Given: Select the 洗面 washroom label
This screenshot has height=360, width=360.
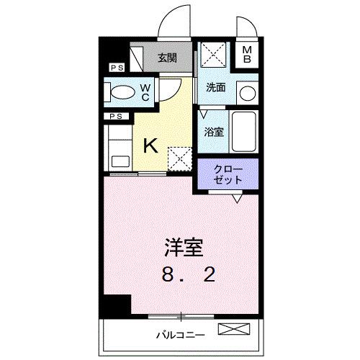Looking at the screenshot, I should click(216, 87).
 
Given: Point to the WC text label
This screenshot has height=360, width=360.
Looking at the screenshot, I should click(145, 91).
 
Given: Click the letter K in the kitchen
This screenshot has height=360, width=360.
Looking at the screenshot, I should click(150, 145).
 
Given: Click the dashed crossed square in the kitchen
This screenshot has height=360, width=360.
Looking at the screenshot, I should click(177, 156).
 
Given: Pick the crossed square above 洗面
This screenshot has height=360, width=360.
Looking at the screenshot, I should click(214, 55).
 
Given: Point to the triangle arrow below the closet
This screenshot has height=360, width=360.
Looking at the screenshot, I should click(236, 195).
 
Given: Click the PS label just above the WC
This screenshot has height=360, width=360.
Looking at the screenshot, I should click(115, 68).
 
